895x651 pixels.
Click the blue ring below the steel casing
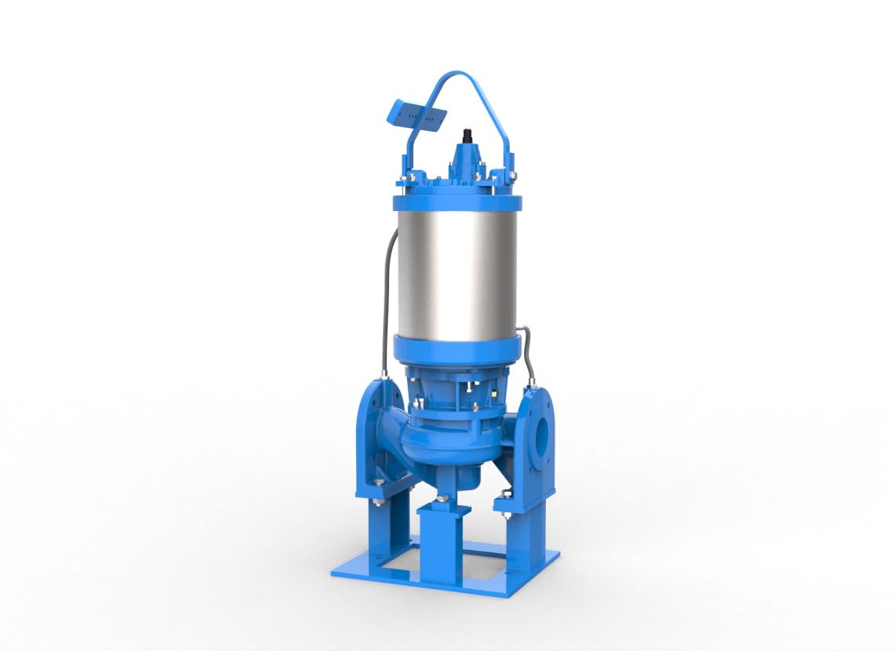point(455,348)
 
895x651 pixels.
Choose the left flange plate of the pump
point(376,439)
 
